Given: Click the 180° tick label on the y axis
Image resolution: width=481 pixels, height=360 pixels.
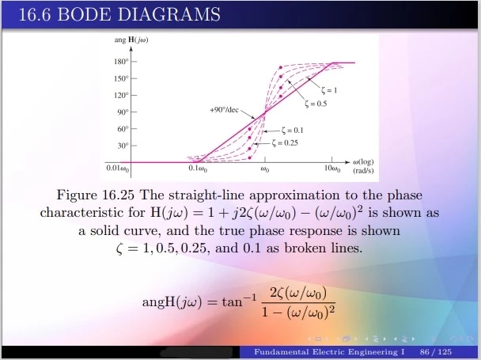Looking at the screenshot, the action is tap(121, 62).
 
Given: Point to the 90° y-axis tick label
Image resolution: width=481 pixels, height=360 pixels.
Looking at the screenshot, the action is tap(123, 112).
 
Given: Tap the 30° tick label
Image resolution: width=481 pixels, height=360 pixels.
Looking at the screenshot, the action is tap(123, 146).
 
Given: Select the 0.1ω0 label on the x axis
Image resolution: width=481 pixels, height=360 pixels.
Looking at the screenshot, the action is tap(198, 169).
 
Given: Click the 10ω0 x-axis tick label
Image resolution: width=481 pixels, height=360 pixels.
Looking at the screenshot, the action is tap(332, 169).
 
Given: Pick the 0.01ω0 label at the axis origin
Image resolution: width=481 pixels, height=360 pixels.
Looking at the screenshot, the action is tap(118, 169).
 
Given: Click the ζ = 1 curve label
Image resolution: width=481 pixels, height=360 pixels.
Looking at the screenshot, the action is tap(329, 90).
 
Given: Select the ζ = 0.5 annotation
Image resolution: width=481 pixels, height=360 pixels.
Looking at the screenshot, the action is tap(316, 104).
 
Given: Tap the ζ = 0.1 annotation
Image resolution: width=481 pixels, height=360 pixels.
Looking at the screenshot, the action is tap(293, 131).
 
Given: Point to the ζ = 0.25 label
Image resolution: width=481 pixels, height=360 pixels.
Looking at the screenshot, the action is tap(285, 143).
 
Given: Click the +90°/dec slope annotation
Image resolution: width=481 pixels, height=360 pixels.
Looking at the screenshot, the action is tap(224, 110).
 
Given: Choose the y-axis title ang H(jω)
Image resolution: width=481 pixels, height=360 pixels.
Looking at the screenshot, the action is tap(131, 40).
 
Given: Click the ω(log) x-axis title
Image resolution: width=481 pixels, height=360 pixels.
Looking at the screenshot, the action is tap(363, 162).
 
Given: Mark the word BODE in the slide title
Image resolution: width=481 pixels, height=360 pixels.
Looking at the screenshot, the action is tap(84, 14).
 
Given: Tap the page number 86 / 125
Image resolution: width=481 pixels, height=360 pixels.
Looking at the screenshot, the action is tap(436, 352).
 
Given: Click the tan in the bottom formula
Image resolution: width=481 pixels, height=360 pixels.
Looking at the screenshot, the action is tap(233, 302).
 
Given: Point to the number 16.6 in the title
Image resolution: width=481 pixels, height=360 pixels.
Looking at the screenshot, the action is tap(35, 14).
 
